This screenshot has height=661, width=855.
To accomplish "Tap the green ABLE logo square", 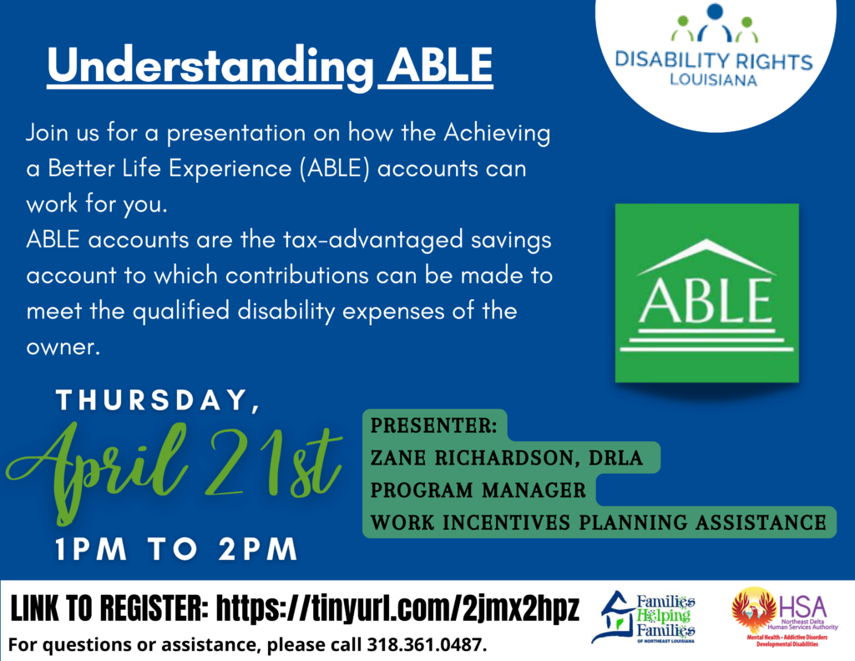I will point(706,292).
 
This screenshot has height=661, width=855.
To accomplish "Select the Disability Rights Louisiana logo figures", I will point(713,23).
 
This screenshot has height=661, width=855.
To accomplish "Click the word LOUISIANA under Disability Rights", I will point(713,81).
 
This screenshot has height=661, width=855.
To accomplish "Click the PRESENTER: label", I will point(433,425).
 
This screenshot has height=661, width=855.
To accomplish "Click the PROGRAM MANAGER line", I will point(478,490).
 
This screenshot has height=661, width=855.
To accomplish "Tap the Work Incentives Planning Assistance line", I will point(597,522).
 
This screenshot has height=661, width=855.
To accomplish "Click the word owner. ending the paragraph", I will point(63,346).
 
